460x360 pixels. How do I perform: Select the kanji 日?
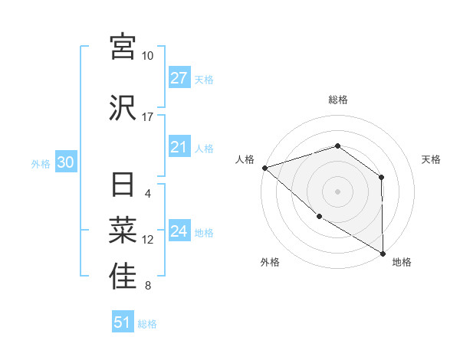pyautogui.click(x=123, y=186)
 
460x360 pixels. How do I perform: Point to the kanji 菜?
pyautogui.click(x=123, y=231)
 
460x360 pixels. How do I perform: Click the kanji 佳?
pyautogui.click(x=123, y=277)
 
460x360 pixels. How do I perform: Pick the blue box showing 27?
pyautogui.click(x=179, y=78)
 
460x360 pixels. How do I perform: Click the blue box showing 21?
pyautogui.click(x=179, y=148)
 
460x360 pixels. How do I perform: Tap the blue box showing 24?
pyautogui.click(x=179, y=232)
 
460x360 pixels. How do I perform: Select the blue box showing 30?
pyautogui.click(x=65, y=163)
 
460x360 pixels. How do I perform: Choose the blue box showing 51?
pyautogui.click(x=123, y=322)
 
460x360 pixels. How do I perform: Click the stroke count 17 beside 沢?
pyautogui.click(x=148, y=117)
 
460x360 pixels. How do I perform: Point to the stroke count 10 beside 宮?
pyautogui.click(x=148, y=56)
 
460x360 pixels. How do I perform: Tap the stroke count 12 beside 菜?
pyautogui.click(x=148, y=240)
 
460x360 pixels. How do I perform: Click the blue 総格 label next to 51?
pyautogui.click(x=147, y=324)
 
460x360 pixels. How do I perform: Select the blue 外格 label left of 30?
pyautogui.click(x=41, y=164)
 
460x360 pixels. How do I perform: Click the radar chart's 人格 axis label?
pyautogui.click(x=245, y=159)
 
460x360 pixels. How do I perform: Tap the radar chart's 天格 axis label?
pyautogui.click(x=432, y=159)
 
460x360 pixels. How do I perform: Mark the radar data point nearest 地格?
pyautogui.click(x=383, y=253)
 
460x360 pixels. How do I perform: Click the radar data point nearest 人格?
pyautogui.click(x=264, y=167)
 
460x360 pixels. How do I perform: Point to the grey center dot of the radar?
pyautogui.click(x=337, y=191)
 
